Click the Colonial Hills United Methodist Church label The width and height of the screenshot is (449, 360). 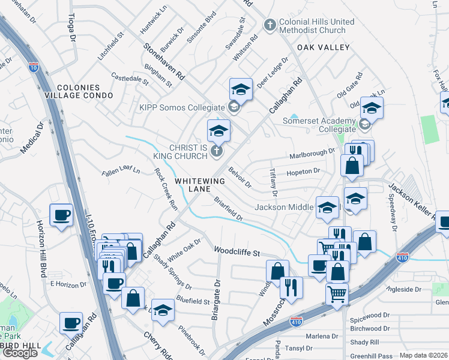tap(312, 26)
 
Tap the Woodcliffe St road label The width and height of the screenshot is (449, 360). tap(237, 251)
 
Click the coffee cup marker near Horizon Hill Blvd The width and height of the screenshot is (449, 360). tap(61, 215)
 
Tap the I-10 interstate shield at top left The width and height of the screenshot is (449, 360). tap(34, 67)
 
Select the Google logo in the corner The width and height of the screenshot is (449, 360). tap(20, 353)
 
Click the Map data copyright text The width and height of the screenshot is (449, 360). tap(424, 355)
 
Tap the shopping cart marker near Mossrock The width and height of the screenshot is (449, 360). tap(337, 294)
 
